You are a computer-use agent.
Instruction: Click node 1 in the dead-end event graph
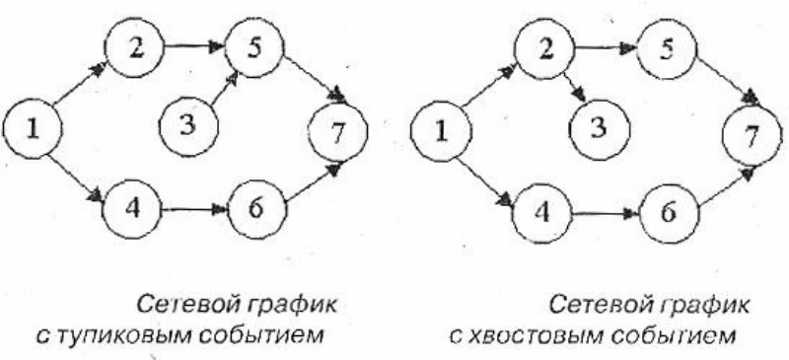point(33,129)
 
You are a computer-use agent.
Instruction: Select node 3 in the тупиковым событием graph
point(188,126)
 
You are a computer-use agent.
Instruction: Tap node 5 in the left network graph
point(254,48)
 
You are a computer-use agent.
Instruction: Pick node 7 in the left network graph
point(337,132)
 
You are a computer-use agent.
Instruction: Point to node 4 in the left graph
point(132,209)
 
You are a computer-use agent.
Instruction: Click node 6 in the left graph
point(257,209)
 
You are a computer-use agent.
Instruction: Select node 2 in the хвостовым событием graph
point(544,49)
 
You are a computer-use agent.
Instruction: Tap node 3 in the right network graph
point(600,129)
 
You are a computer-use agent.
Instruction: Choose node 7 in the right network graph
point(753,136)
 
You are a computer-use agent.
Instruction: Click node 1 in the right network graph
point(441,131)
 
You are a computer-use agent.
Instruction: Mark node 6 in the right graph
point(670,213)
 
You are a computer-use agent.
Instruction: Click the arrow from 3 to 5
point(225,90)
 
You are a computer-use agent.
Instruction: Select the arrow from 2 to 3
point(575,89)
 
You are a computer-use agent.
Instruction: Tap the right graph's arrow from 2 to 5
point(606,48)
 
